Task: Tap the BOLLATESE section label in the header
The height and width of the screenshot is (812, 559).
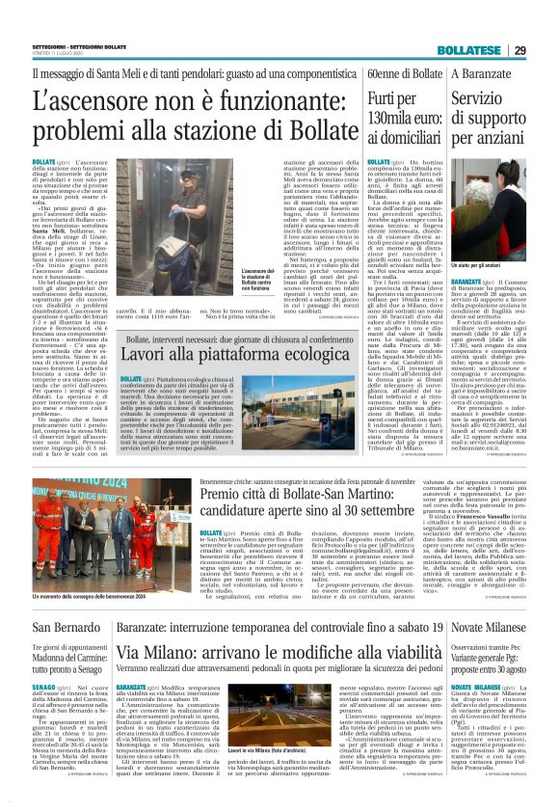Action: (493, 22)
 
